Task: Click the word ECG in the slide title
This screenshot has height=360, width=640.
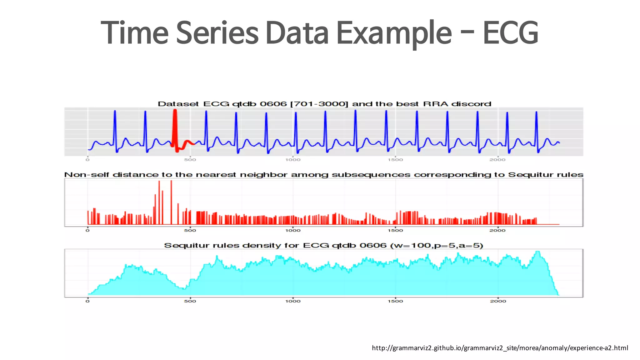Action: (x=510, y=32)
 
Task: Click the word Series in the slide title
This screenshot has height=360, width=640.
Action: (x=217, y=32)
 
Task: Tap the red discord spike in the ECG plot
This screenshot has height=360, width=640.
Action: (x=175, y=125)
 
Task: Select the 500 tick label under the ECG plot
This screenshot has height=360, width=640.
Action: (x=190, y=160)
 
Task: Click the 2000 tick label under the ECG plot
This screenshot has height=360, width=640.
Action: (x=497, y=160)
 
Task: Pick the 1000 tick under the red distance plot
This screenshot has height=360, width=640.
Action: (x=293, y=231)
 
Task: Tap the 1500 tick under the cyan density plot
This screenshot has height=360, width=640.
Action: (x=395, y=301)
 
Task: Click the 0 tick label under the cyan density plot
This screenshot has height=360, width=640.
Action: (x=87, y=301)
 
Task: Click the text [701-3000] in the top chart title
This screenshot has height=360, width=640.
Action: (x=319, y=104)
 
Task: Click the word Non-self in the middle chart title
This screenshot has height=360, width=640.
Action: (x=87, y=175)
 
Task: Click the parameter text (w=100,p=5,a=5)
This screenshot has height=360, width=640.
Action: (x=437, y=246)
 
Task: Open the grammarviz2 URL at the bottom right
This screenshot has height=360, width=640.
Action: (x=500, y=348)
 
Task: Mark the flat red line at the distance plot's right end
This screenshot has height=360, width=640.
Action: (x=548, y=224)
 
